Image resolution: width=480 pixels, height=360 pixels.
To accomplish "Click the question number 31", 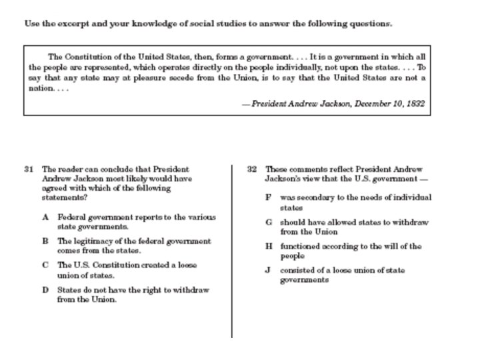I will tap(29, 169).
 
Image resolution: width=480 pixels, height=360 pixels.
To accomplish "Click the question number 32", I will tap(252, 169).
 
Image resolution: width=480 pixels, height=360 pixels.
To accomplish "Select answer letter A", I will tap(45, 217).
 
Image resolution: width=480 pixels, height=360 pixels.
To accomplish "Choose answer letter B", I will tap(45, 241).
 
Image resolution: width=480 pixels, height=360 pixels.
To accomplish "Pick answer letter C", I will tap(45, 265).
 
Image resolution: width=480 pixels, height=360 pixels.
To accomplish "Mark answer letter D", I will tap(45, 290).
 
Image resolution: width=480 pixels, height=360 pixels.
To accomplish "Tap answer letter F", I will tap(268, 197).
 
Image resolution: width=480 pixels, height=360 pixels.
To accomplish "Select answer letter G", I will tap(268, 222).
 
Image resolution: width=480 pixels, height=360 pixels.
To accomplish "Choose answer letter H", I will tap(269, 246).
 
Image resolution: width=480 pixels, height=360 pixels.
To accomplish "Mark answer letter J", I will tap(268, 270).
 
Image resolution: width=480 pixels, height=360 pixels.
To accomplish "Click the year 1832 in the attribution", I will tap(415, 104).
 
